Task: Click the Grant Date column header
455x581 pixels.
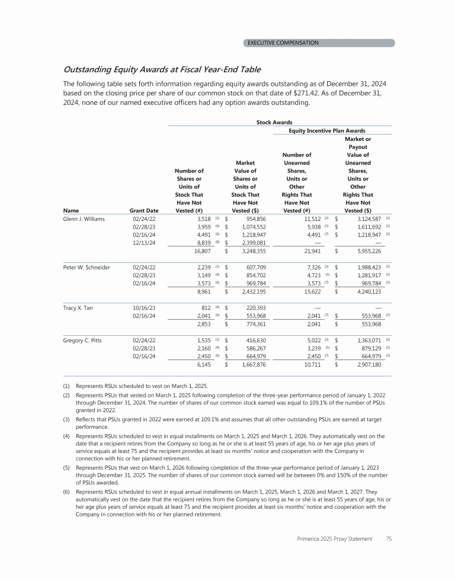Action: pyautogui.click(x=143, y=210)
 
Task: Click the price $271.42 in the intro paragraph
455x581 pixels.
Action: pyautogui.click(x=341, y=93)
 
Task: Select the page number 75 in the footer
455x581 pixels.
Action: pyautogui.click(x=389, y=539)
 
